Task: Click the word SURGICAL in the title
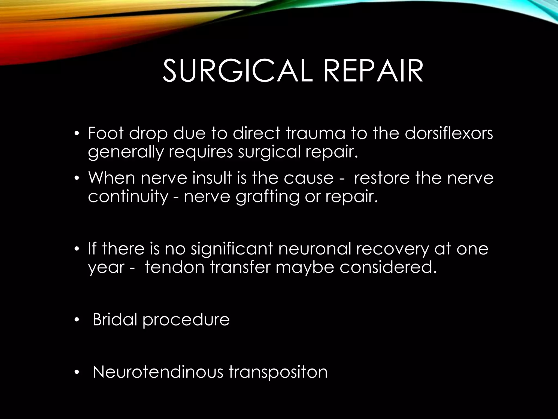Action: pos(237,71)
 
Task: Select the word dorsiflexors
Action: pos(449,133)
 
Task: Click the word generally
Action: pos(125,152)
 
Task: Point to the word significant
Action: pos(232,249)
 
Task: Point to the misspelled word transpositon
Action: pos(278,372)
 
